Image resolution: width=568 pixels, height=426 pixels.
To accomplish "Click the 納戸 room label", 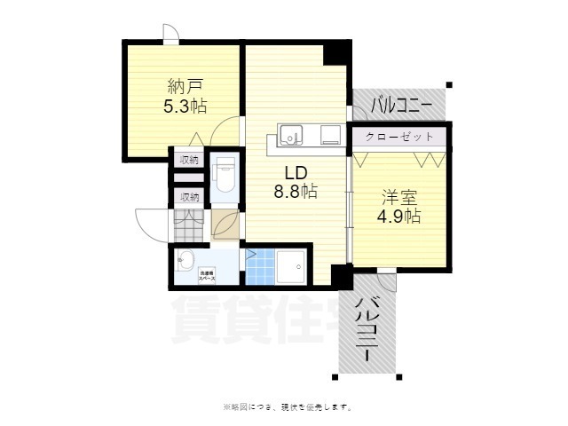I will [x=185, y=86].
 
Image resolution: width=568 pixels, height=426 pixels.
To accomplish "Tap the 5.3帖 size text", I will [x=185, y=106].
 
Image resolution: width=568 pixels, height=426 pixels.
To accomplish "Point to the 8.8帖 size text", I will [x=296, y=191].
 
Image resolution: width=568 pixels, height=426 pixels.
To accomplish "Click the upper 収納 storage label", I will [x=189, y=160].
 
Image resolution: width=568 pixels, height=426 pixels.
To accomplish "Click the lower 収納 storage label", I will [x=189, y=197].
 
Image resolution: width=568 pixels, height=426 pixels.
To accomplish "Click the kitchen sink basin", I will [x=292, y=135].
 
